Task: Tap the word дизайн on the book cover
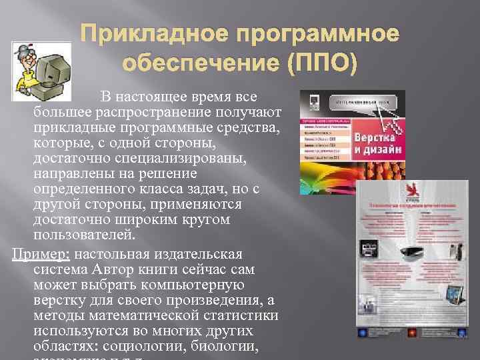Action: pyautogui.click(x=390, y=150)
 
